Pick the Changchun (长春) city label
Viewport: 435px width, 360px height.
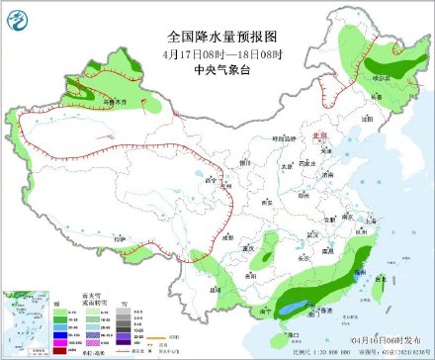(374, 97)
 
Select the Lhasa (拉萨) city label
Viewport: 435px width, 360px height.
(121, 238)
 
